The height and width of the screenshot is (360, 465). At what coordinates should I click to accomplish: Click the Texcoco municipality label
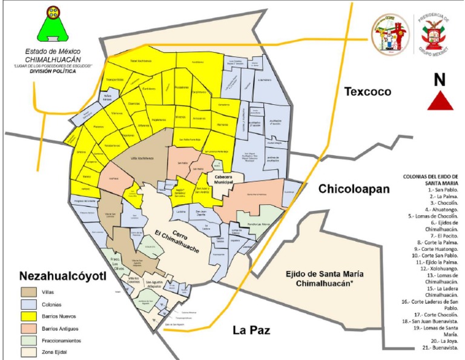368,92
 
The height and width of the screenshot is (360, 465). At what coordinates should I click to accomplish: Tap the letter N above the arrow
440,79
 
